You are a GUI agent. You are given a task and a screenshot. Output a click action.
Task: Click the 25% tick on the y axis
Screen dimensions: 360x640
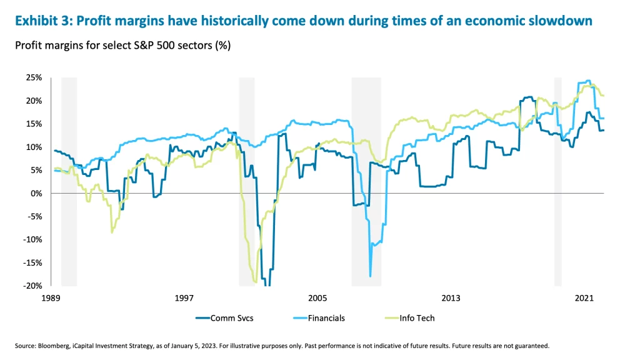32,77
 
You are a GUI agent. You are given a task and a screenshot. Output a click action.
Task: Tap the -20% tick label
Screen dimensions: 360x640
31,286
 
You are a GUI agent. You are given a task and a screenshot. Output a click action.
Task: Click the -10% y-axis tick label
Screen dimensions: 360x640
31,239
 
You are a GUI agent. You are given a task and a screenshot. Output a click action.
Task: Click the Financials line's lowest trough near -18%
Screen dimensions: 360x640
371,276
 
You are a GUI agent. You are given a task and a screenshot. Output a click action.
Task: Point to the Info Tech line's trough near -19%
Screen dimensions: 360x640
256,282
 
